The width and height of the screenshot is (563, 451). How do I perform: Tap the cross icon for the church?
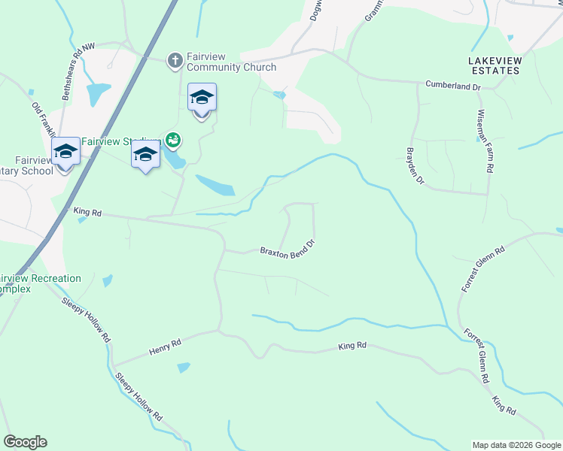point(175,60)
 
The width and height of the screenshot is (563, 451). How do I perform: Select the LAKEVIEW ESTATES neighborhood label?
point(494,65)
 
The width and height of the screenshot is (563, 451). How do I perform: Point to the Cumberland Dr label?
point(453,86)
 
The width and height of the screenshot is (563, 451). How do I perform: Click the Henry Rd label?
point(166,347)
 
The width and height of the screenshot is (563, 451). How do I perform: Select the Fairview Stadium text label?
point(120,141)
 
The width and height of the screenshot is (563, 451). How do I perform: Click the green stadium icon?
point(173,140)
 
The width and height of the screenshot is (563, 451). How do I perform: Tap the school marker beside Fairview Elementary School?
point(65,152)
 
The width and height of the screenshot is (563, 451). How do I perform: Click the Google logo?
point(25,442)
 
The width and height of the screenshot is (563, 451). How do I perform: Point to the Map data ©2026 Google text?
point(516,445)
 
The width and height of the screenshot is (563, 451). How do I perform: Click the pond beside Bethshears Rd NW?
point(98,93)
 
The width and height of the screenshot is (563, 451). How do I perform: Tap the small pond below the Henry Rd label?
point(184,368)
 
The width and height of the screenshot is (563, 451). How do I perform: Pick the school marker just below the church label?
point(202,98)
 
